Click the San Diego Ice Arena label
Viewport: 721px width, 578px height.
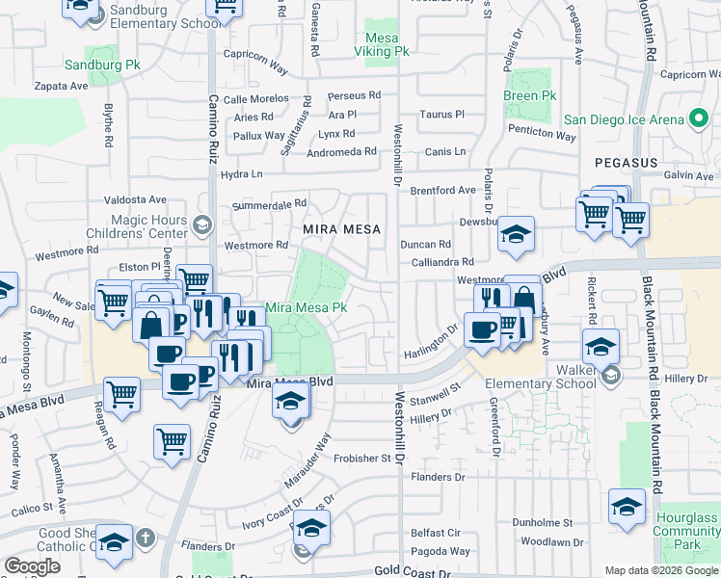click(x=624, y=119)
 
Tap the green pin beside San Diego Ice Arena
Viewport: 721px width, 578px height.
click(x=699, y=119)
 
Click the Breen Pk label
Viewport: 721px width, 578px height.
click(x=530, y=96)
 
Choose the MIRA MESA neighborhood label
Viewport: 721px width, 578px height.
click(x=342, y=229)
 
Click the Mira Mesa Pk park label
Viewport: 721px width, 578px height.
click(x=306, y=307)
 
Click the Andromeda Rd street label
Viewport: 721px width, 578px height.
click(x=342, y=152)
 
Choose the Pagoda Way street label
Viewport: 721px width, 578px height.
click(x=439, y=551)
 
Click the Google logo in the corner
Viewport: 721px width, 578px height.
click(x=32, y=566)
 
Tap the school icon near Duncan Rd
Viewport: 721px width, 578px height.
click(x=517, y=236)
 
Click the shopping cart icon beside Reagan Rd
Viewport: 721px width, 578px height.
click(x=122, y=395)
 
